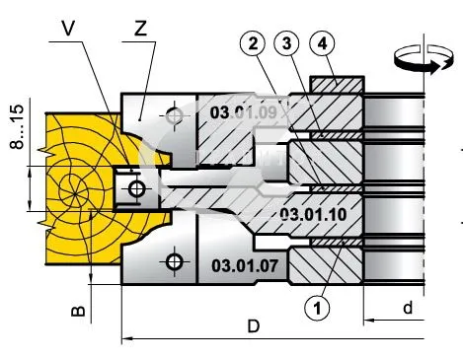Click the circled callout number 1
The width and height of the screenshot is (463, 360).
[x=317, y=308]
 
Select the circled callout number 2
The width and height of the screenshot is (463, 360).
[x=253, y=43]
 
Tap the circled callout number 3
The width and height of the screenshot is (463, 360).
[x=287, y=43]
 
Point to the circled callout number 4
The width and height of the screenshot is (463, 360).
[x=323, y=43]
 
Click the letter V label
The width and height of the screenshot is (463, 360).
[x=68, y=28]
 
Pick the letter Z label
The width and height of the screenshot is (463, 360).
[x=140, y=29]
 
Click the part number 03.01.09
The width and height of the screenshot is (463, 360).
[x=244, y=112]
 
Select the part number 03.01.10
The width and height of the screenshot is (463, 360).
[x=313, y=215]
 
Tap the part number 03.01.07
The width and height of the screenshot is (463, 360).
[x=245, y=265]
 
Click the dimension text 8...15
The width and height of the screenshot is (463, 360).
[x=17, y=126]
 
